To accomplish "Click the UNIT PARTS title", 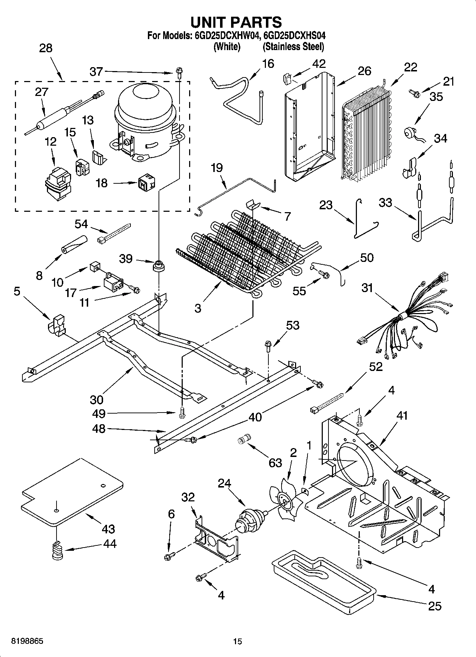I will pyautogui.click(x=236, y=22).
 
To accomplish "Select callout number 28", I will pyautogui.click(x=46, y=48).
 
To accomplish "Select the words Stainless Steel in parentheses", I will pyautogui.click(x=293, y=47).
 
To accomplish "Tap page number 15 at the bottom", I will pyautogui.click(x=237, y=642).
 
